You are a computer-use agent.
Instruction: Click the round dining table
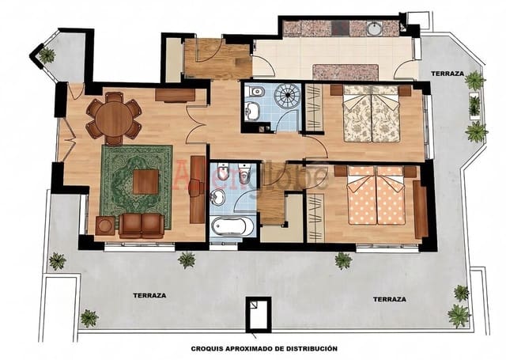click(115, 119)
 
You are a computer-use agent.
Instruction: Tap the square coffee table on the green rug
click(145, 182)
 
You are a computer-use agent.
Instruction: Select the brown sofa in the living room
click(142, 225)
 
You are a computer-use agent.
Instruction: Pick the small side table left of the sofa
click(104, 225)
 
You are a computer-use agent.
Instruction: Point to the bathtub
click(232, 226)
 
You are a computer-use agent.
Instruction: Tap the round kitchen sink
click(375, 29)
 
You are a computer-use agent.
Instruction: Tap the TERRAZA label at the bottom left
click(149, 294)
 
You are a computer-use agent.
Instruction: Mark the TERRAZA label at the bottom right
click(390, 300)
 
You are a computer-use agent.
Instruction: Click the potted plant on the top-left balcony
click(47, 55)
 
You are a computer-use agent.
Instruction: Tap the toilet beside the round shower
click(254, 111)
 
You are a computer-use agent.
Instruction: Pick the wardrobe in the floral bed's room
click(314, 113)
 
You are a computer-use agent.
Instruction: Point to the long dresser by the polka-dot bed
click(421, 208)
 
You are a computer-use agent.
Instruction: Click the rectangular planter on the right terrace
click(474, 105)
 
